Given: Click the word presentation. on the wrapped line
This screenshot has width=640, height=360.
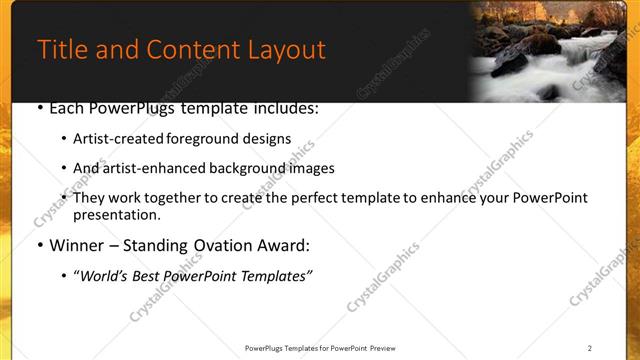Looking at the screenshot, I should [x=116, y=214].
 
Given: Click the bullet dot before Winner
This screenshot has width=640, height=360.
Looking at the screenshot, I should [x=40, y=245].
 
